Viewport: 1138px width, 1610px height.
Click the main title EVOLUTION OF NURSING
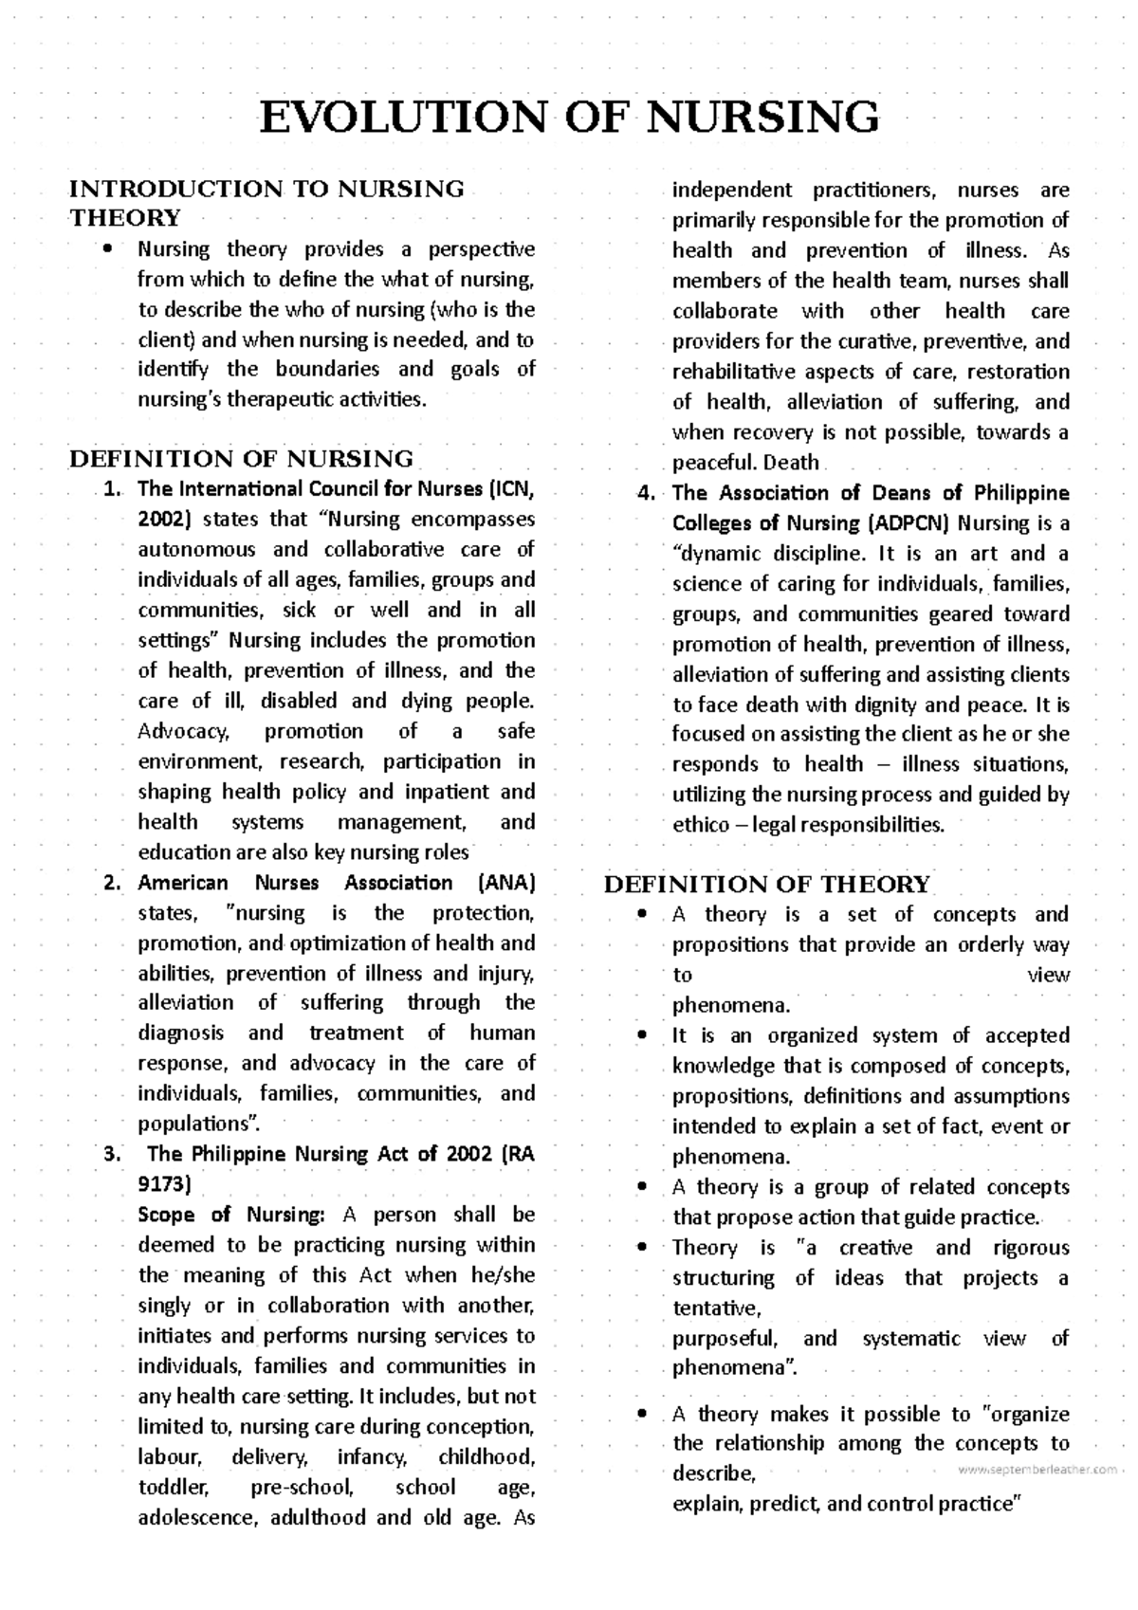coord(569,118)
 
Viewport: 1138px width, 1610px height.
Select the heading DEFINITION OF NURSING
coord(241,460)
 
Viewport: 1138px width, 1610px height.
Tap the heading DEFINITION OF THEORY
coord(767,885)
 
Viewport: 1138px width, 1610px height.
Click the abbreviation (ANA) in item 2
coord(508,884)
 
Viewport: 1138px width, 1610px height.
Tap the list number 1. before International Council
coord(113,490)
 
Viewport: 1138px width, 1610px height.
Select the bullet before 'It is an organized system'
coord(644,1036)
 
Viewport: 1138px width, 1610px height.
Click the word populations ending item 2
coord(195,1125)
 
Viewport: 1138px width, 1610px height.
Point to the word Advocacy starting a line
coord(184,732)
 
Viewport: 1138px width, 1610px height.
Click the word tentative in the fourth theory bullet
coord(716,1309)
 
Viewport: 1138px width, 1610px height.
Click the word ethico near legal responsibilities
coord(700,825)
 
